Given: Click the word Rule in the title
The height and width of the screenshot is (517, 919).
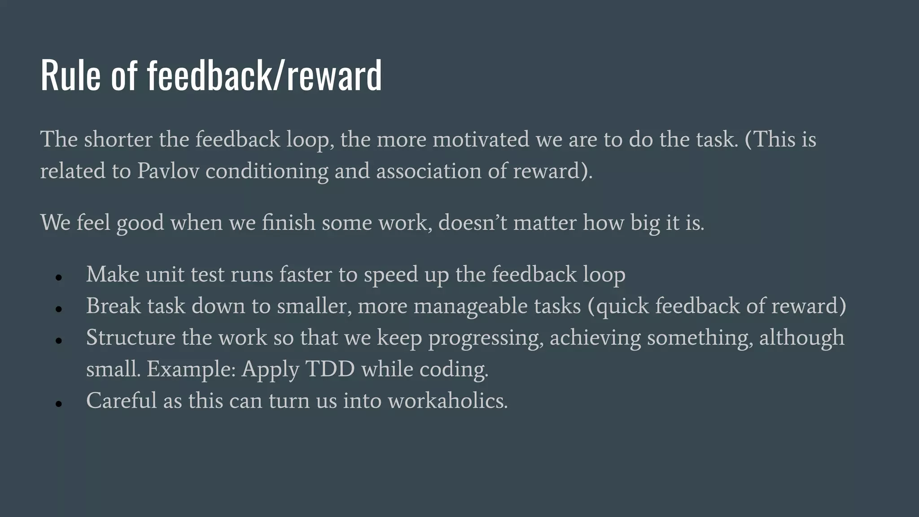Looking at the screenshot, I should [70, 75].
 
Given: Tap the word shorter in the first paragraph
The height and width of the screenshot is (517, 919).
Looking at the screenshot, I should [118, 139].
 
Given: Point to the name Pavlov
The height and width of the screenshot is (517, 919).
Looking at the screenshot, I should [168, 171].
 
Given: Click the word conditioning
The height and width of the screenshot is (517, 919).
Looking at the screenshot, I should [267, 171].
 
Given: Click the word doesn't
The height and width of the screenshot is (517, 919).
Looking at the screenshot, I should [473, 223].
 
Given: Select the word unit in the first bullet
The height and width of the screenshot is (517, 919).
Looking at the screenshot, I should [165, 274].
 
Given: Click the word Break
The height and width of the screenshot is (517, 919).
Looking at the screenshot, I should [113, 306].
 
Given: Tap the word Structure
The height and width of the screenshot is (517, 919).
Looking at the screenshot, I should [131, 337].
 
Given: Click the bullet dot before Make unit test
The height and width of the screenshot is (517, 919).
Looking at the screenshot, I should [58, 277].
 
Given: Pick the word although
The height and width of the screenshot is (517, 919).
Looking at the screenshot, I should [801, 337].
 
